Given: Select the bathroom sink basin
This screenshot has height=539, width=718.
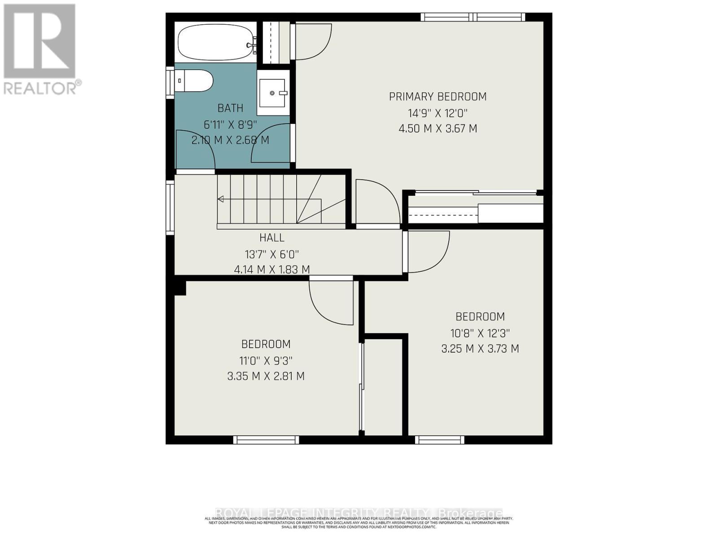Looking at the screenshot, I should point(272,93).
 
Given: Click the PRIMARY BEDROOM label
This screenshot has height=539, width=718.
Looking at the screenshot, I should point(438,97).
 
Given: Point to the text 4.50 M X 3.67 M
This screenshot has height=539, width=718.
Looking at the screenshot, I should point(438,129).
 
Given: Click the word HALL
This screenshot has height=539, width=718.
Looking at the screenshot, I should point(272,238).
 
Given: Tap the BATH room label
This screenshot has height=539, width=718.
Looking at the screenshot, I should point(230,108).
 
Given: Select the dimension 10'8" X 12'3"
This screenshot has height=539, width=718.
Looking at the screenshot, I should point(480,333).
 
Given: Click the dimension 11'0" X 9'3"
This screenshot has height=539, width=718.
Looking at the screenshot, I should point(266,361).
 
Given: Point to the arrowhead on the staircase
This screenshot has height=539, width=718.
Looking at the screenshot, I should point(220,199).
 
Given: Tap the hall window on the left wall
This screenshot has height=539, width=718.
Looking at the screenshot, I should point(170,208).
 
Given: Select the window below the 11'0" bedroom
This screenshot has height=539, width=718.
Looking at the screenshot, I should point(266,440).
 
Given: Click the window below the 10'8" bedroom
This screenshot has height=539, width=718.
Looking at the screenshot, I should point(439,440).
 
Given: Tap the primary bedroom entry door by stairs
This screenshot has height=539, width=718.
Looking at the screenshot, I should point(377,202).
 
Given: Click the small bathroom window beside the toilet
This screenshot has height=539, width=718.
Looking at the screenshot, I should point(170,82).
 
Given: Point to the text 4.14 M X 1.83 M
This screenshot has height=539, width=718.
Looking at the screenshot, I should point(272,270).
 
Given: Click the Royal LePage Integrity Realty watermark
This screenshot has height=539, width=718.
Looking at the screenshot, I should point(359,513).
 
